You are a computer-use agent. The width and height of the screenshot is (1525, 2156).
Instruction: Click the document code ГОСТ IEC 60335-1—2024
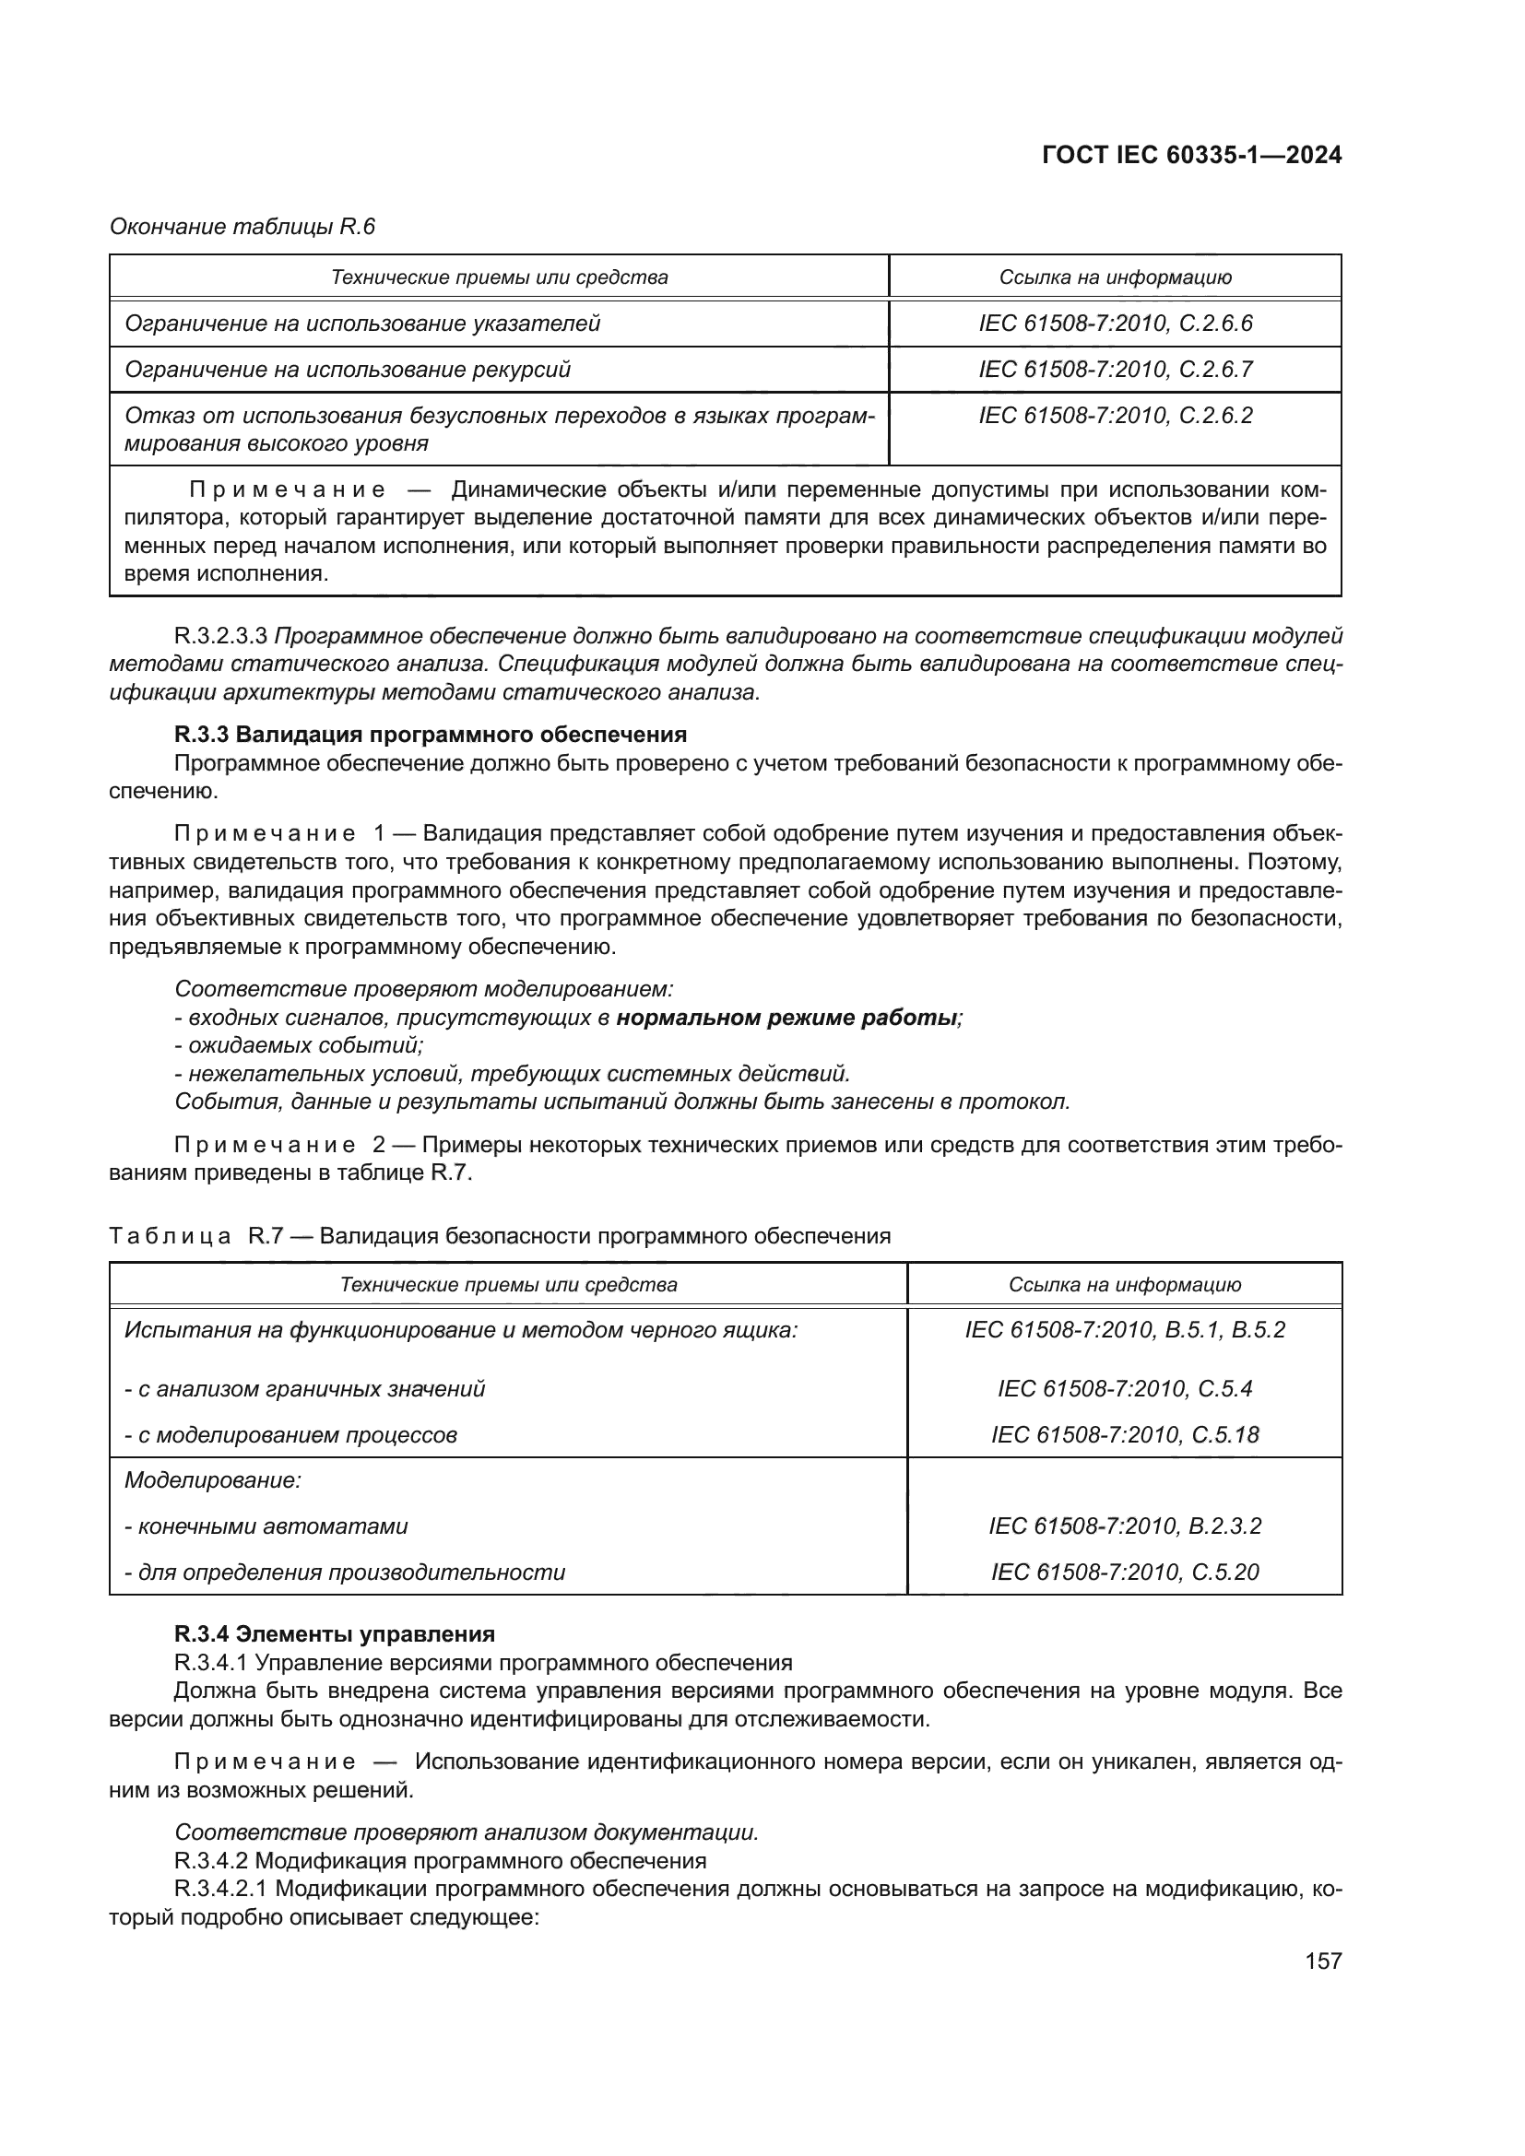[1190, 156]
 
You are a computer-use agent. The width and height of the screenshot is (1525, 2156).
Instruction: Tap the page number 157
[1322, 1961]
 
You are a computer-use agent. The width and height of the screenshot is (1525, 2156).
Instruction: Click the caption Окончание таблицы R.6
[242, 227]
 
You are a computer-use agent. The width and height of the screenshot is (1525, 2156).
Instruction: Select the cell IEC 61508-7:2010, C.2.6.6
[1115, 324]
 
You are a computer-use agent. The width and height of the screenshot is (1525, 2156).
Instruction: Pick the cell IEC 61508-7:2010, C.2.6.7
[1115, 369]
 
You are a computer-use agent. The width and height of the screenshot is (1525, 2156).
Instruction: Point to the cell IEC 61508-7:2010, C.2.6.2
[1115, 415]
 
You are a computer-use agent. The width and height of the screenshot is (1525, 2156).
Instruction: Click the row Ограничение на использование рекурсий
[348, 369]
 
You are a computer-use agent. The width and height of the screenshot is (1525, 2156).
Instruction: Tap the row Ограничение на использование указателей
[362, 324]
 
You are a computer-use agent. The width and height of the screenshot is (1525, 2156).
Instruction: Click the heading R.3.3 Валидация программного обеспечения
[430, 735]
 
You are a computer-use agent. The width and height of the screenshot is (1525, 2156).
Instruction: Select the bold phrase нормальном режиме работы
[786, 1018]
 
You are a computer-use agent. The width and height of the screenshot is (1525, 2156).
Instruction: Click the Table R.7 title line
[500, 1236]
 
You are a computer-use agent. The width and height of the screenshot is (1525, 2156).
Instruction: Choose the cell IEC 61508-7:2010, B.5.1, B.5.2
[1124, 1330]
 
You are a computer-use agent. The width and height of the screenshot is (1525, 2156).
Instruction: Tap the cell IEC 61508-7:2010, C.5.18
[1124, 1435]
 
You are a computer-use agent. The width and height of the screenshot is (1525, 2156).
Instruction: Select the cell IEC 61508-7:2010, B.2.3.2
[1124, 1526]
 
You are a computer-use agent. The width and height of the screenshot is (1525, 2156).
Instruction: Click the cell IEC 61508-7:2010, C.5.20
[1124, 1572]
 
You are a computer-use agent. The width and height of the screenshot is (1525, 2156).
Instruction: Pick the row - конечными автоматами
[266, 1526]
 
